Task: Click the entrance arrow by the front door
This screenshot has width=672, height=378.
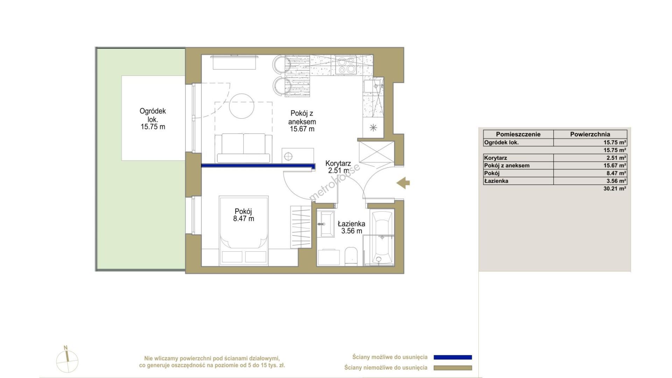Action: [403, 182]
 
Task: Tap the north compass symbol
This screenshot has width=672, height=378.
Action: [67, 360]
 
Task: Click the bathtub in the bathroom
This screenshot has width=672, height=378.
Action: [382, 237]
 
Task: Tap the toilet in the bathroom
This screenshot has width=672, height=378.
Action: [350, 256]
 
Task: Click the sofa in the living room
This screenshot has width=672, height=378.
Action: [244, 148]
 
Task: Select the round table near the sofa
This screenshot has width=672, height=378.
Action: [241, 106]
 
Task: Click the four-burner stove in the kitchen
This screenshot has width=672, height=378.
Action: [346, 65]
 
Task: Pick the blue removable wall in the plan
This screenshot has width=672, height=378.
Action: [258, 167]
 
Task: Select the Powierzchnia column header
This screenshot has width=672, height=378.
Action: [590, 134]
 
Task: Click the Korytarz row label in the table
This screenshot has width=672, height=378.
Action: [496, 158]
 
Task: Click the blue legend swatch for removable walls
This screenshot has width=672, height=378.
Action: [453, 357]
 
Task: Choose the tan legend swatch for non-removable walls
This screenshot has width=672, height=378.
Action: [453, 368]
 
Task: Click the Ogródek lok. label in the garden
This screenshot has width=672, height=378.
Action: [153, 119]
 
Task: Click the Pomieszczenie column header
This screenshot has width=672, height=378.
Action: [518, 134]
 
